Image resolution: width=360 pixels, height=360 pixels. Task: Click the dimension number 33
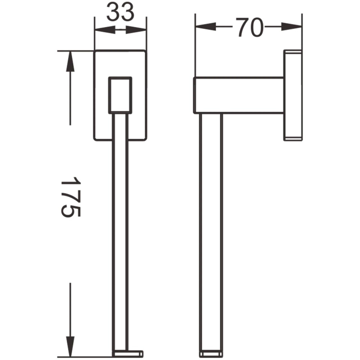click(x=120, y=12)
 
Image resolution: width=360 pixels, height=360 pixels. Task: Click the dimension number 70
click(x=249, y=28)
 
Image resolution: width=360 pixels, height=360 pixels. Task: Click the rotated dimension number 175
click(x=71, y=197)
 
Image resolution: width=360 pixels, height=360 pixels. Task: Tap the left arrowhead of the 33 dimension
click(x=105, y=30)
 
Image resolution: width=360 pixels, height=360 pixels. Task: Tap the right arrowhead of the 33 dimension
click(x=136, y=30)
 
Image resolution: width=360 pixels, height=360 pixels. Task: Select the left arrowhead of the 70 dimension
click(x=206, y=27)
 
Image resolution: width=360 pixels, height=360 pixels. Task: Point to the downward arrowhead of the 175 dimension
click(x=70, y=346)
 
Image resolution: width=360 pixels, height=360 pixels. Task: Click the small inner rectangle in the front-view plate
click(x=120, y=95)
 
